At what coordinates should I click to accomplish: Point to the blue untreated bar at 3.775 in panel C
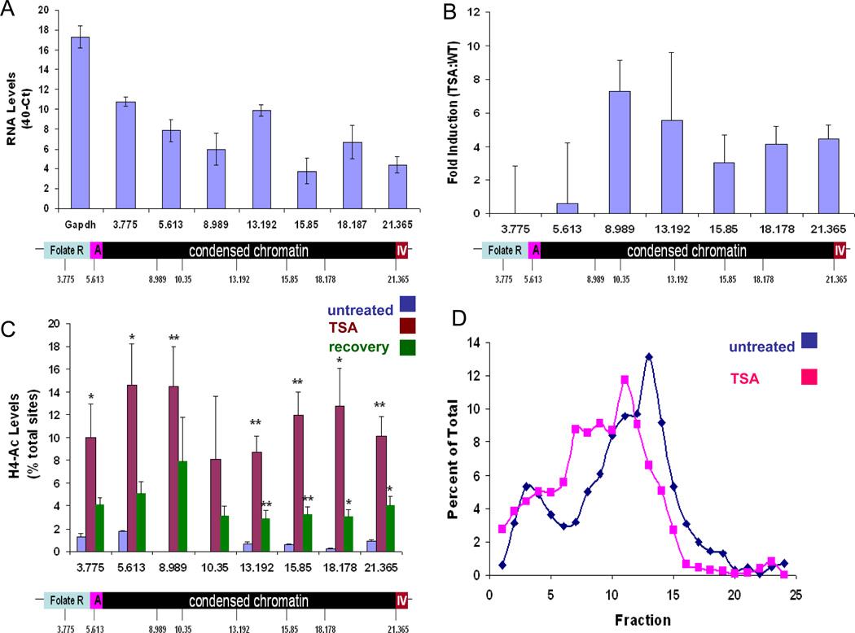(x=81, y=544)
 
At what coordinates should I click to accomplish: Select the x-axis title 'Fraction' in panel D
(x=642, y=618)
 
